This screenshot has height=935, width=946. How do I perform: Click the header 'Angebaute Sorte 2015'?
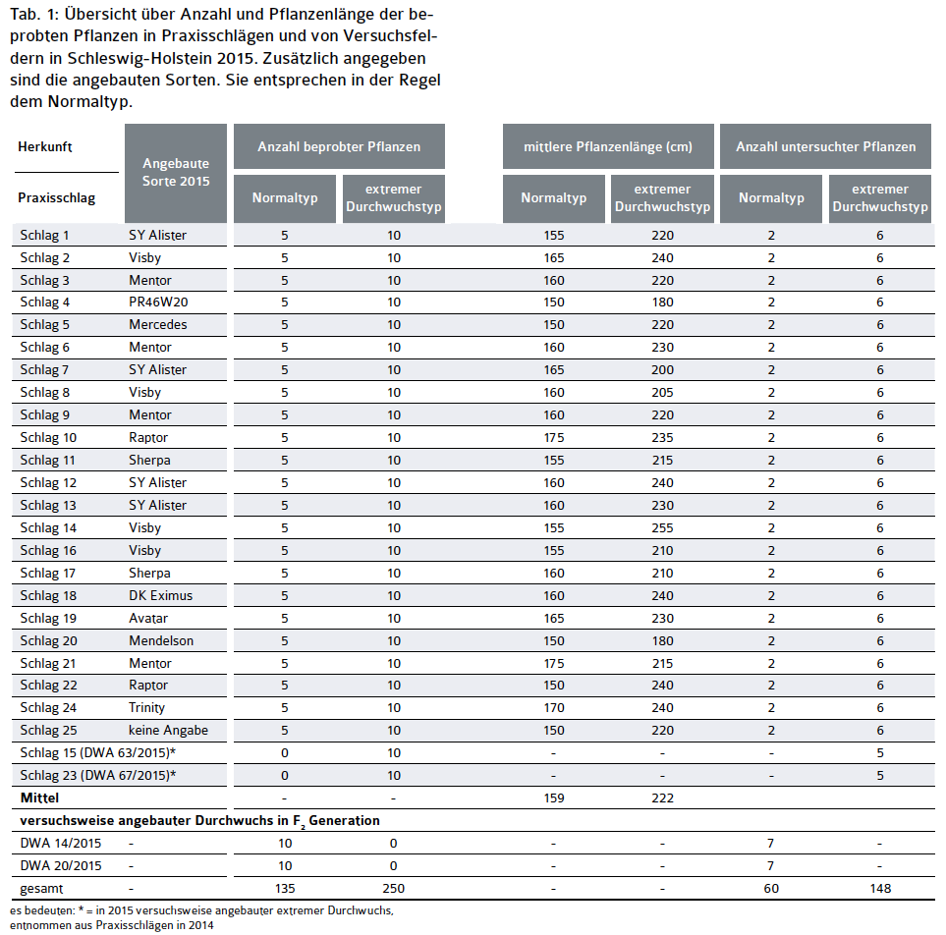[x=176, y=172]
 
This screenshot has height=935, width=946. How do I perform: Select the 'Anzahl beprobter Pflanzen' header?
[x=339, y=146]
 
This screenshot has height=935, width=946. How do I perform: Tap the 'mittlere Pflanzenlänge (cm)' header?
[x=607, y=146]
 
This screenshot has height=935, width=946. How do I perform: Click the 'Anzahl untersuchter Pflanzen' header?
[x=825, y=146]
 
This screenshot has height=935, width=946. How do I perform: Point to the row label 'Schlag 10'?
[x=48, y=437]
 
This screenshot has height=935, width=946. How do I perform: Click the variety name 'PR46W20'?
[x=158, y=302]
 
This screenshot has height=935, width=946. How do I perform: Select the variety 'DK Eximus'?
[x=161, y=595]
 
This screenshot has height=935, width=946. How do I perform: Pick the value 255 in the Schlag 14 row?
[x=663, y=527]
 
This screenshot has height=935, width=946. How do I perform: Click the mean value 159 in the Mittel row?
[x=553, y=797]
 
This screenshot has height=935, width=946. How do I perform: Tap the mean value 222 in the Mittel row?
[x=663, y=797]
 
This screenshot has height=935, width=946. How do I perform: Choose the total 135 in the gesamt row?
[x=284, y=888]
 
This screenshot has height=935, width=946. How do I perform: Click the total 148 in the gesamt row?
[x=880, y=888]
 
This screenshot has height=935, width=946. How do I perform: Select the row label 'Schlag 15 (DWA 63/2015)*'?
[x=98, y=752]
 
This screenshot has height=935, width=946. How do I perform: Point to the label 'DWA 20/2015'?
[x=61, y=865]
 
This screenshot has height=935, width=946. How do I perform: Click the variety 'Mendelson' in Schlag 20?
[x=161, y=640]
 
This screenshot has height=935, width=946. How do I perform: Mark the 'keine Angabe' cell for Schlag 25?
[x=168, y=731]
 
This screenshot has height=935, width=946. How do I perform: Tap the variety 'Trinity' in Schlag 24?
[x=147, y=707]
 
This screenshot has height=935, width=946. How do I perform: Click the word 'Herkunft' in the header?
[x=45, y=146]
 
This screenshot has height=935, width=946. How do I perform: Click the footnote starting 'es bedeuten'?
[x=200, y=910]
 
